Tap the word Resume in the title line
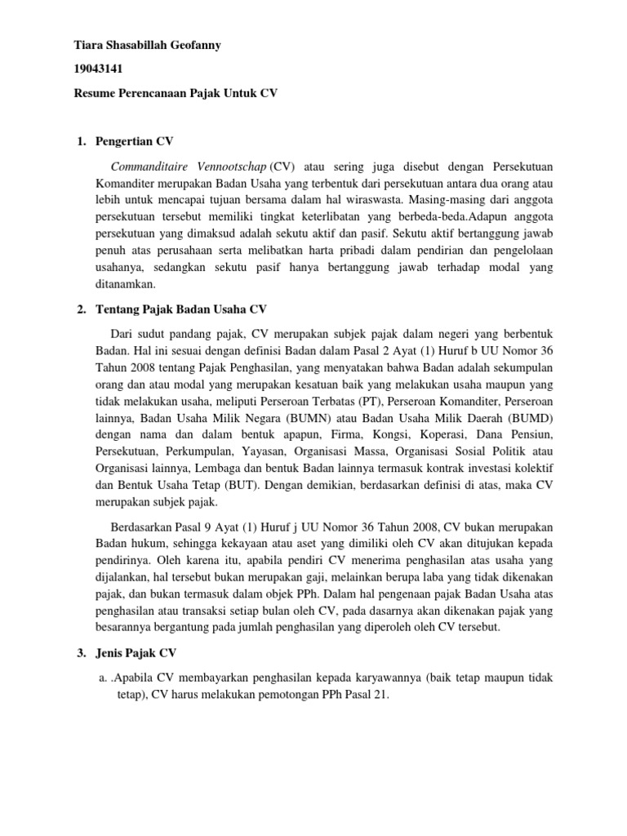tap(95, 94)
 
